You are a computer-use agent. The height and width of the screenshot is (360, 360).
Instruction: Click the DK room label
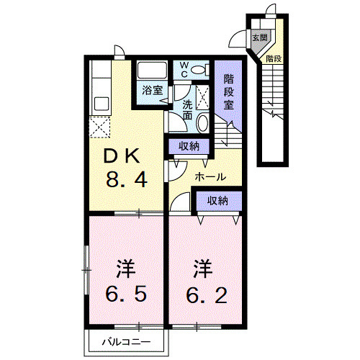pyautogui.click(x=121, y=156)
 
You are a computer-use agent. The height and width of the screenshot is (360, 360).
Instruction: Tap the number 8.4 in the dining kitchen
pyautogui.click(x=127, y=180)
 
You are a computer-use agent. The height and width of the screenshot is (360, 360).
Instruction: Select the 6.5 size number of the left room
pyautogui.click(x=126, y=294)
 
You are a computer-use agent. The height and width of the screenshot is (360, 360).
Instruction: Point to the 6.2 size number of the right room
pyautogui.click(x=207, y=295)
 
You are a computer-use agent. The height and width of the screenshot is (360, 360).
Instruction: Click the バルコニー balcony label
pyautogui.click(x=127, y=341)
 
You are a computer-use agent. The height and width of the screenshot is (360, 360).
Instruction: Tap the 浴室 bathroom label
pyautogui.click(x=153, y=90)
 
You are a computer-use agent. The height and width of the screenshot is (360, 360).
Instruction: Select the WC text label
pyautogui.click(x=184, y=70)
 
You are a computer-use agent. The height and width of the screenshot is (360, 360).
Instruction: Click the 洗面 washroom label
pyautogui.click(x=187, y=110)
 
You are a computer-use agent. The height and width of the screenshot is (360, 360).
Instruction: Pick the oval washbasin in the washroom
pyautogui.click(x=202, y=122)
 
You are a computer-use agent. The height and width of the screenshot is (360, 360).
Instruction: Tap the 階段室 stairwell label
pyautogui.click(x=228, y=92)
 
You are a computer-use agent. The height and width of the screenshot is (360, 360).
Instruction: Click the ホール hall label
pyautogui.click(x=210, y=177)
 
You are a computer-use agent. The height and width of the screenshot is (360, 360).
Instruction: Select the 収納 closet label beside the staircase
pyautogui.click(x=189, y=146)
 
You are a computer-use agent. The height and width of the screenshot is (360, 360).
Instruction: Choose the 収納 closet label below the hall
pyautogui.click(x=217, y=200)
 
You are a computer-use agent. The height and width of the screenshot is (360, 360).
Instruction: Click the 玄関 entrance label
pyautogui.click(x=260, y=37)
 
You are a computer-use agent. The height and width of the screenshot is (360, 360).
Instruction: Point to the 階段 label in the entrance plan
pyautogui.click(x=274, y=59)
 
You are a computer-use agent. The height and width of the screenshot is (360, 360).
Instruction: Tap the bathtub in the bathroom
pyautogui.click(x=152, y=70)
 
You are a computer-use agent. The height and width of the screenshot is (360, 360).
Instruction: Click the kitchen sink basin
pyautogui.click(x=102, y=104)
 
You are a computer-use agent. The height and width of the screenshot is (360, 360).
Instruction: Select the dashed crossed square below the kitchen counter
pyautogui.click(x=100, y=127)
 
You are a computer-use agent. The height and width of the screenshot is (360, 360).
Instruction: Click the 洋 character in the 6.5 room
pyautogui.click(x=126, y=269)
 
